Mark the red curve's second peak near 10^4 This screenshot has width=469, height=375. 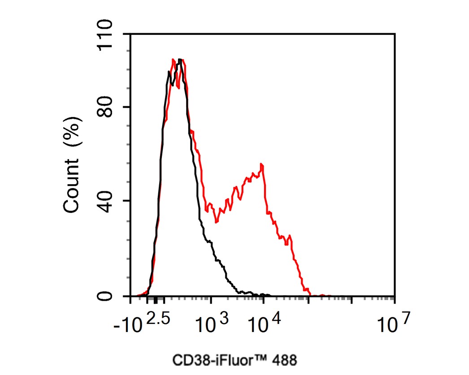point(261,165)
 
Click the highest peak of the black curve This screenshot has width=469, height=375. point(179,59)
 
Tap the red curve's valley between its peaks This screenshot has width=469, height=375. point(216,222)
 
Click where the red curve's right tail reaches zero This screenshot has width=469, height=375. point(310,295)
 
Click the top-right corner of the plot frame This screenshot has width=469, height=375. point(395,34)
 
